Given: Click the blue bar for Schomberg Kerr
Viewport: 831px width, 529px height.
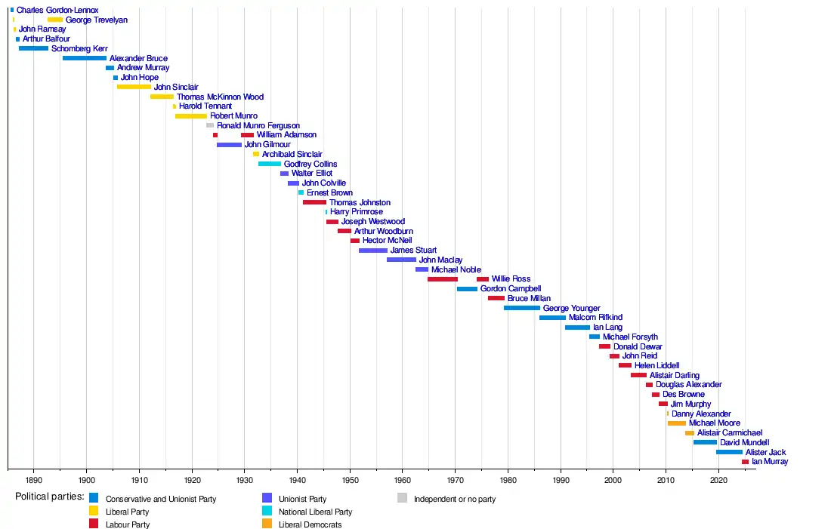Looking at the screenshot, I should (33, 48).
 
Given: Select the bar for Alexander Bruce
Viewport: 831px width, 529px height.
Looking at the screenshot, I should (85, 58).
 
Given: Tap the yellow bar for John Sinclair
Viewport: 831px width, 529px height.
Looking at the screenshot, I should (134, 87).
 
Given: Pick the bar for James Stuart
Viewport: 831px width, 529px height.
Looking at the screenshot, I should (373, 251).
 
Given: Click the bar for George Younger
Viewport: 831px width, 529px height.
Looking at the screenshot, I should (522, 308).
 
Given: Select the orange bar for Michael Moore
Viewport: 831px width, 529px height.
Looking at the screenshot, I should (677, 423).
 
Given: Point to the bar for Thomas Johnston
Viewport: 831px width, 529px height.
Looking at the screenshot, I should (314, 202).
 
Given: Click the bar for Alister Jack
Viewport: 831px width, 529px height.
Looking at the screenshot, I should (730, 452).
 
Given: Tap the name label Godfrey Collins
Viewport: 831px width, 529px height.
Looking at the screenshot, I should (310, 164).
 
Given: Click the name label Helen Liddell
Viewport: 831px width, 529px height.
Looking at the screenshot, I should (656, 365).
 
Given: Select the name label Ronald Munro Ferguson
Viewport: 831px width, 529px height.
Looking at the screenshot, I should (258, 125).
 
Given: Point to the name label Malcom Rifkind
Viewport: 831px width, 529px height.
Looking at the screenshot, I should (595, 318).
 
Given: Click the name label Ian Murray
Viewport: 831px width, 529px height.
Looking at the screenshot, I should (770, 462).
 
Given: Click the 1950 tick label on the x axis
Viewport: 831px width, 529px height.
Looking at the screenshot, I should (350, 480).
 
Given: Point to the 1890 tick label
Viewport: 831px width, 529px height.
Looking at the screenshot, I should (33, 480).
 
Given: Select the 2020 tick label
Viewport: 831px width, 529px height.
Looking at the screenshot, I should (718, 480).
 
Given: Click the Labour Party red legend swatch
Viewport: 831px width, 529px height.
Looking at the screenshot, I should (94, 524).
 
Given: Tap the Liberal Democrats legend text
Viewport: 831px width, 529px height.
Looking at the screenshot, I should (310, 524).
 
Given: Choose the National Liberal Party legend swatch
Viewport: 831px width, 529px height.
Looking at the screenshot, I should (266, 511).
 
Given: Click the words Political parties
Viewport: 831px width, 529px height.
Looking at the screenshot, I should (50, 497).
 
